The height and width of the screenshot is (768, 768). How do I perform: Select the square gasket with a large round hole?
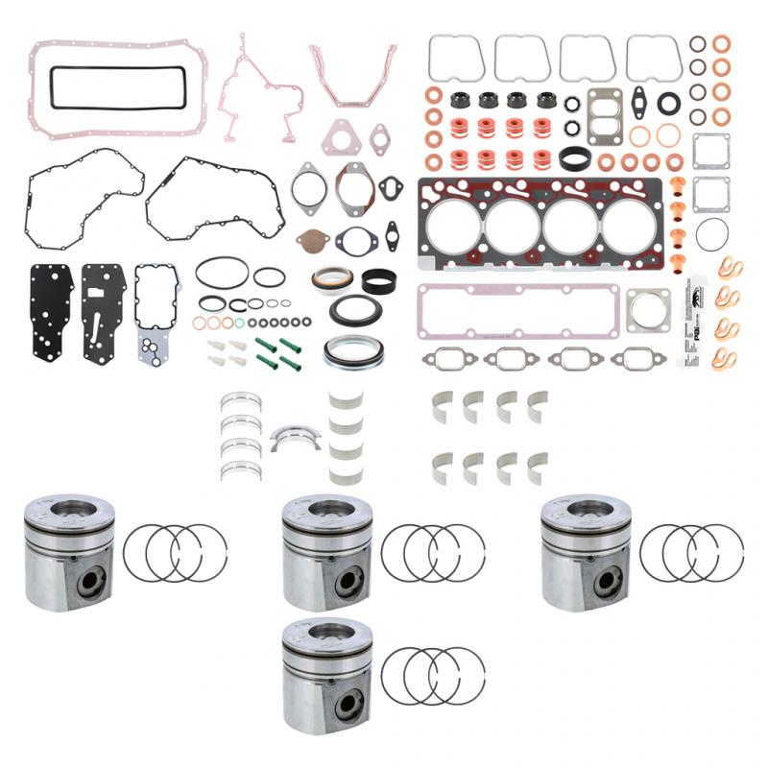coord(648,310)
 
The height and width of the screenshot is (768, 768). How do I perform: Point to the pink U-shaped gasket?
coord(352,77)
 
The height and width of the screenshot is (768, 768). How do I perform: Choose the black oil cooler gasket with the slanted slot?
coord(103,311)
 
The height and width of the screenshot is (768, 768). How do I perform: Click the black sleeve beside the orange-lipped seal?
coord(380,280)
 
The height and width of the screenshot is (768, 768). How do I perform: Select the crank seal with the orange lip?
coord(331,278)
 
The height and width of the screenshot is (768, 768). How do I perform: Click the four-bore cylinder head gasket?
coord(540,228)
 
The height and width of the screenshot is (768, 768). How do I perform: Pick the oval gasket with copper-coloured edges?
coord(354,187)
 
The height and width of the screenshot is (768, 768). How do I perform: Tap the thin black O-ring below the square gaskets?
coord(711,233)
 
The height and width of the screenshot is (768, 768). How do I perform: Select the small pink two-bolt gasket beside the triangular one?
coord(380,137)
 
